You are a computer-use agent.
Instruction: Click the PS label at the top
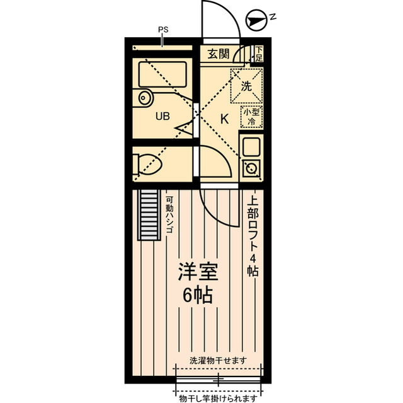pos(163,29)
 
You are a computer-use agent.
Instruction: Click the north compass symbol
pos(256,20)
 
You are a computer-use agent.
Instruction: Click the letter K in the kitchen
pos(224,117)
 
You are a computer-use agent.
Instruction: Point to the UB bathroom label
pos(162,116)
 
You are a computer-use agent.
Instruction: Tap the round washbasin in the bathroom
pos(145,98)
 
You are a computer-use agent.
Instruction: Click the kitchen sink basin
pos(251,147)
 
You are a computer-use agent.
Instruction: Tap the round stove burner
pos(251,168)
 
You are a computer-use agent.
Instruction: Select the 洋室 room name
pos(197,273)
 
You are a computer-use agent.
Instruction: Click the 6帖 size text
pos(197,295)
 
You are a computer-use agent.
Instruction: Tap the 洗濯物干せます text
pos(218,360)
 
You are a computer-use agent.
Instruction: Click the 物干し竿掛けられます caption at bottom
pos(218,398)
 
